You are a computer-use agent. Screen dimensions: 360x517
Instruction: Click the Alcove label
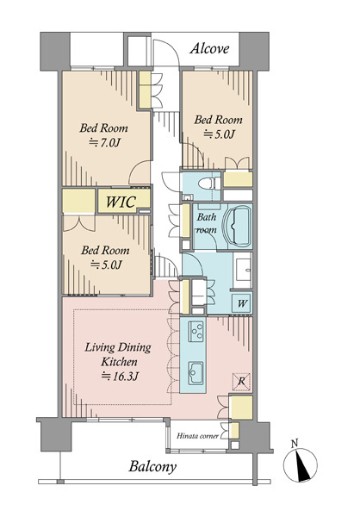tap(209, 48)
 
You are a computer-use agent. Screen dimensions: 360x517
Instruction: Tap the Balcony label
tap(152, 467)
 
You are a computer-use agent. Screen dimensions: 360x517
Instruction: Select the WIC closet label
tap(121, 202)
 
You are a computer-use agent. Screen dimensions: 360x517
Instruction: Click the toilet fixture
tap(210, 184)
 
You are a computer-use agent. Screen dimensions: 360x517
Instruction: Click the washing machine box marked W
tap(242, 302)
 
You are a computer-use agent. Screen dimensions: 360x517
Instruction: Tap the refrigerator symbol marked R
tap(241, 382)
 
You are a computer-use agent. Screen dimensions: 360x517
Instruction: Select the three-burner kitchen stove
tap(196, 332)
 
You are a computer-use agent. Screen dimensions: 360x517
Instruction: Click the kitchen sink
tap(196, 373)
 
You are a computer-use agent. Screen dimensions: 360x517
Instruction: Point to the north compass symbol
tap(301, 464)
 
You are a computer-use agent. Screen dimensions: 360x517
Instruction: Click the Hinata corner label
tap(197, 436)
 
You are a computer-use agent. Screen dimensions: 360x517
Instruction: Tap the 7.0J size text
tap(105, 143)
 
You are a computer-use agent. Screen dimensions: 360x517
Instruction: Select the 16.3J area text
tap(119, 377)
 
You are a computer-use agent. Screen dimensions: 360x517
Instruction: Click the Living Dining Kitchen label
tap(118, 354)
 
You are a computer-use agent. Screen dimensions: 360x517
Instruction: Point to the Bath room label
tap(207, 223)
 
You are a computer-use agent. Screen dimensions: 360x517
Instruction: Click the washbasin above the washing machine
tap(243, 270)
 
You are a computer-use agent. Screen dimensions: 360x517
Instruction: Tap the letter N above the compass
tap(295, 443)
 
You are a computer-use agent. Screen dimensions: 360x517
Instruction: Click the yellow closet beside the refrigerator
tap(241, 408)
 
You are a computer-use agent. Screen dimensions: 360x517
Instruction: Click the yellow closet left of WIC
tap(78, 201)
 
